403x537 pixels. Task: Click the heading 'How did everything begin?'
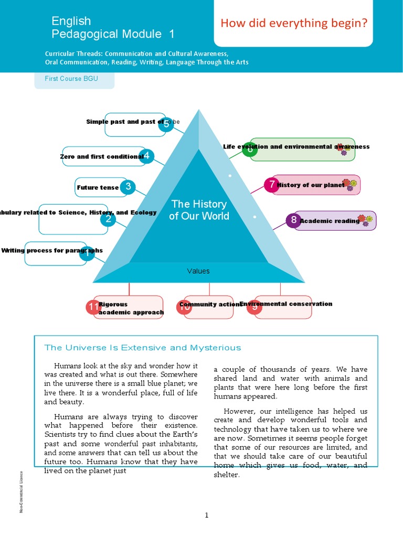[x=293, y=23]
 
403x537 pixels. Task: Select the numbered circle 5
[x=166, y=124]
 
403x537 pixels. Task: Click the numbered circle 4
[x=147, y=156]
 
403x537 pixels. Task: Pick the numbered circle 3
[x=128, y=187]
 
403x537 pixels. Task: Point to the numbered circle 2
[x=108, y=219]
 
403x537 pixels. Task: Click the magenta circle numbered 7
[x=271, y=185]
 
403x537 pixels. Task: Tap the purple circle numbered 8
[x=293, y=220]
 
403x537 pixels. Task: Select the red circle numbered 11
[x=93, y=307]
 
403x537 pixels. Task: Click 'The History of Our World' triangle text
[x=199, y=210]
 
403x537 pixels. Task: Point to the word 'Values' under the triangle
[x=198, y=271]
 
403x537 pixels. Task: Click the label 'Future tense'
[x=98, y=187]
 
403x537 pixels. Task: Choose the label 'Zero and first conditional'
[x=102, y=156]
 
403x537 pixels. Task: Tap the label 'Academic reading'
[x=330, y=221]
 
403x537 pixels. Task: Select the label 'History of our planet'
[x=311, y=185]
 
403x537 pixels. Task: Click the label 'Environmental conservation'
[x=286, y=304]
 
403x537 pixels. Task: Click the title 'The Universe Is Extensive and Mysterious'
[x=143, y=348]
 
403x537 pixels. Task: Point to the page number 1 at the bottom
[x=207, y=515]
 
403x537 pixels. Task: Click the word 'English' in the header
[x=71, y=21]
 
